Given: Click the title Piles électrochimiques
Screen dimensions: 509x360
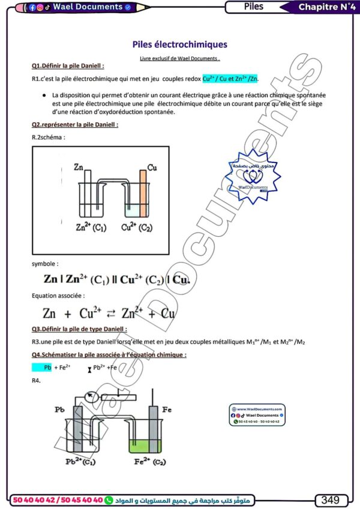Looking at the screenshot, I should coord(179,44).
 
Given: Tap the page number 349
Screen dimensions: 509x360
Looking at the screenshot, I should coord(331,499).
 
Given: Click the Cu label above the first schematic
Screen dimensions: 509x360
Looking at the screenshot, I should coord(152,167).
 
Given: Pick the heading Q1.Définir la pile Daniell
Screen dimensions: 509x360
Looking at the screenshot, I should coord(68,65).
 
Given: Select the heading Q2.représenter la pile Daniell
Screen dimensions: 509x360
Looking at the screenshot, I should coord(75,125).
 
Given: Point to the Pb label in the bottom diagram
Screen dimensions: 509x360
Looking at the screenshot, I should coord(59,409).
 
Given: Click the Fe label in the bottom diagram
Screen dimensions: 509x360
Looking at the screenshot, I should coord(167,409).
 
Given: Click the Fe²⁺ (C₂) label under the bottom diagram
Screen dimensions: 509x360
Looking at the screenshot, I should coord(151,462).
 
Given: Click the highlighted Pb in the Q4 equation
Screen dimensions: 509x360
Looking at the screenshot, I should coord(47,368).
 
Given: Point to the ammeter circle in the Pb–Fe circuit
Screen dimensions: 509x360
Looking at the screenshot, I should coord(91,396).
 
